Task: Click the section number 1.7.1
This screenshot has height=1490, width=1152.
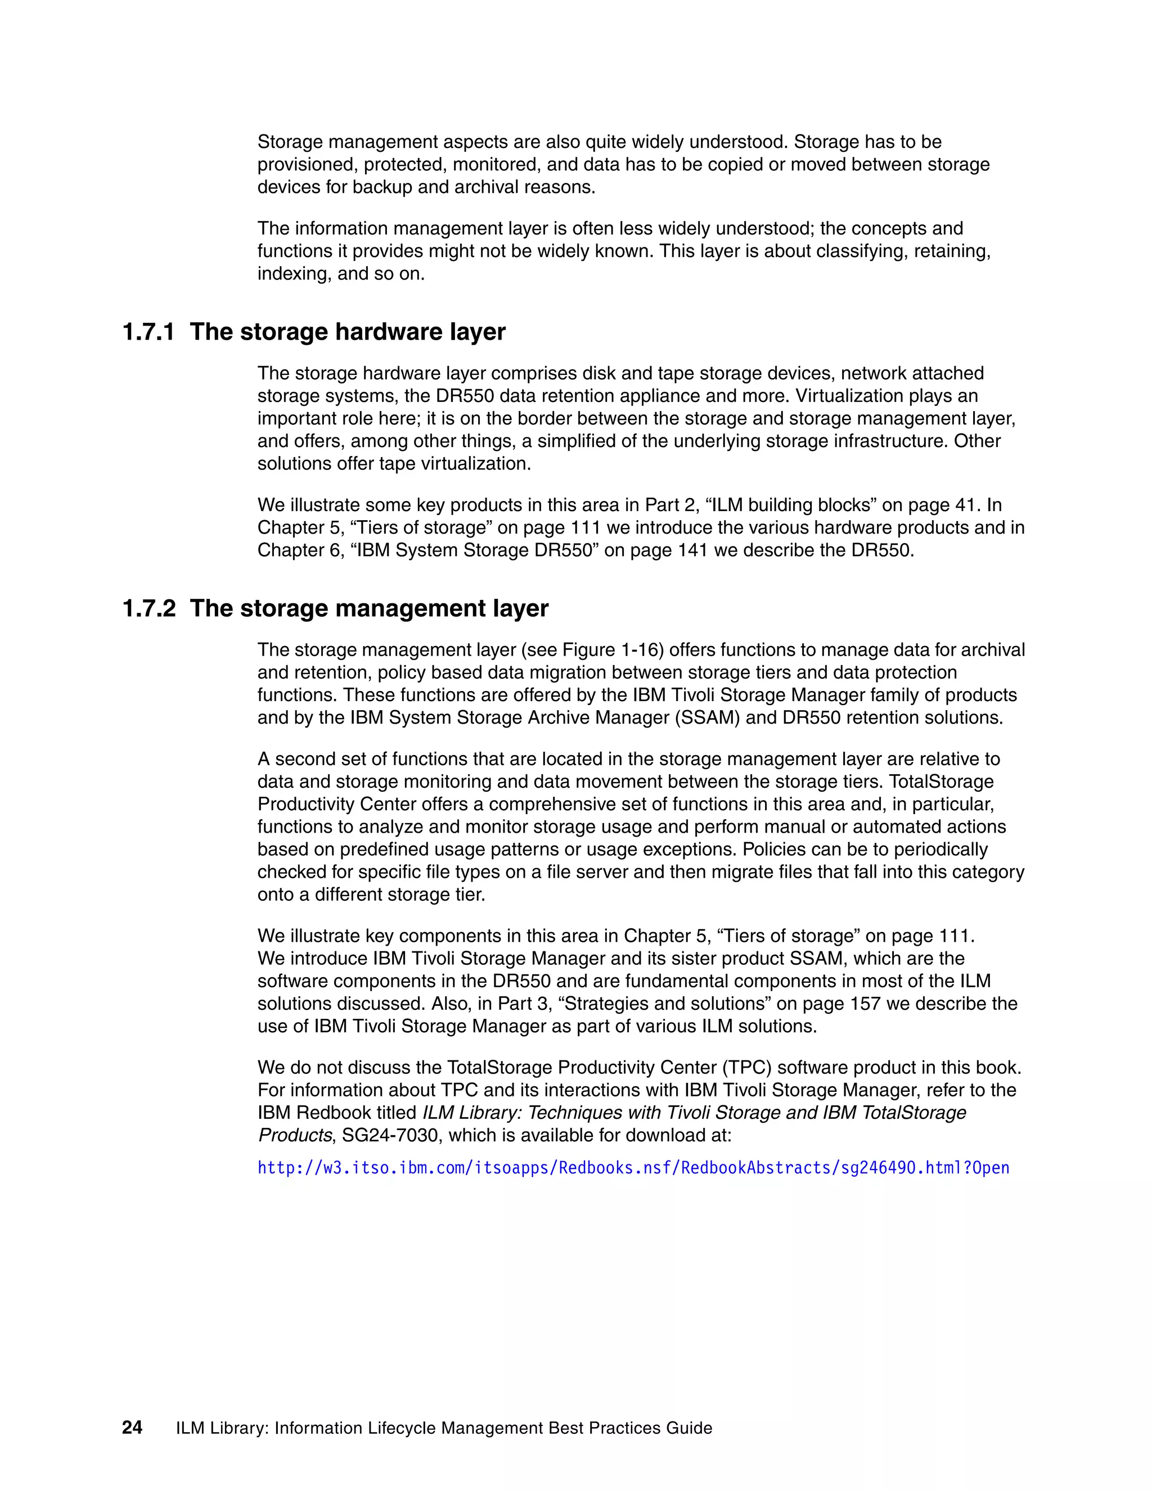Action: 148,332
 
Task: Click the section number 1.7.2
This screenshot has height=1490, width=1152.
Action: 148,608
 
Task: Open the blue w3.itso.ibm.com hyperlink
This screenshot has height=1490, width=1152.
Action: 633,1168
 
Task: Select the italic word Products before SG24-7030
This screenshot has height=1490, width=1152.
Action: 295,1135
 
